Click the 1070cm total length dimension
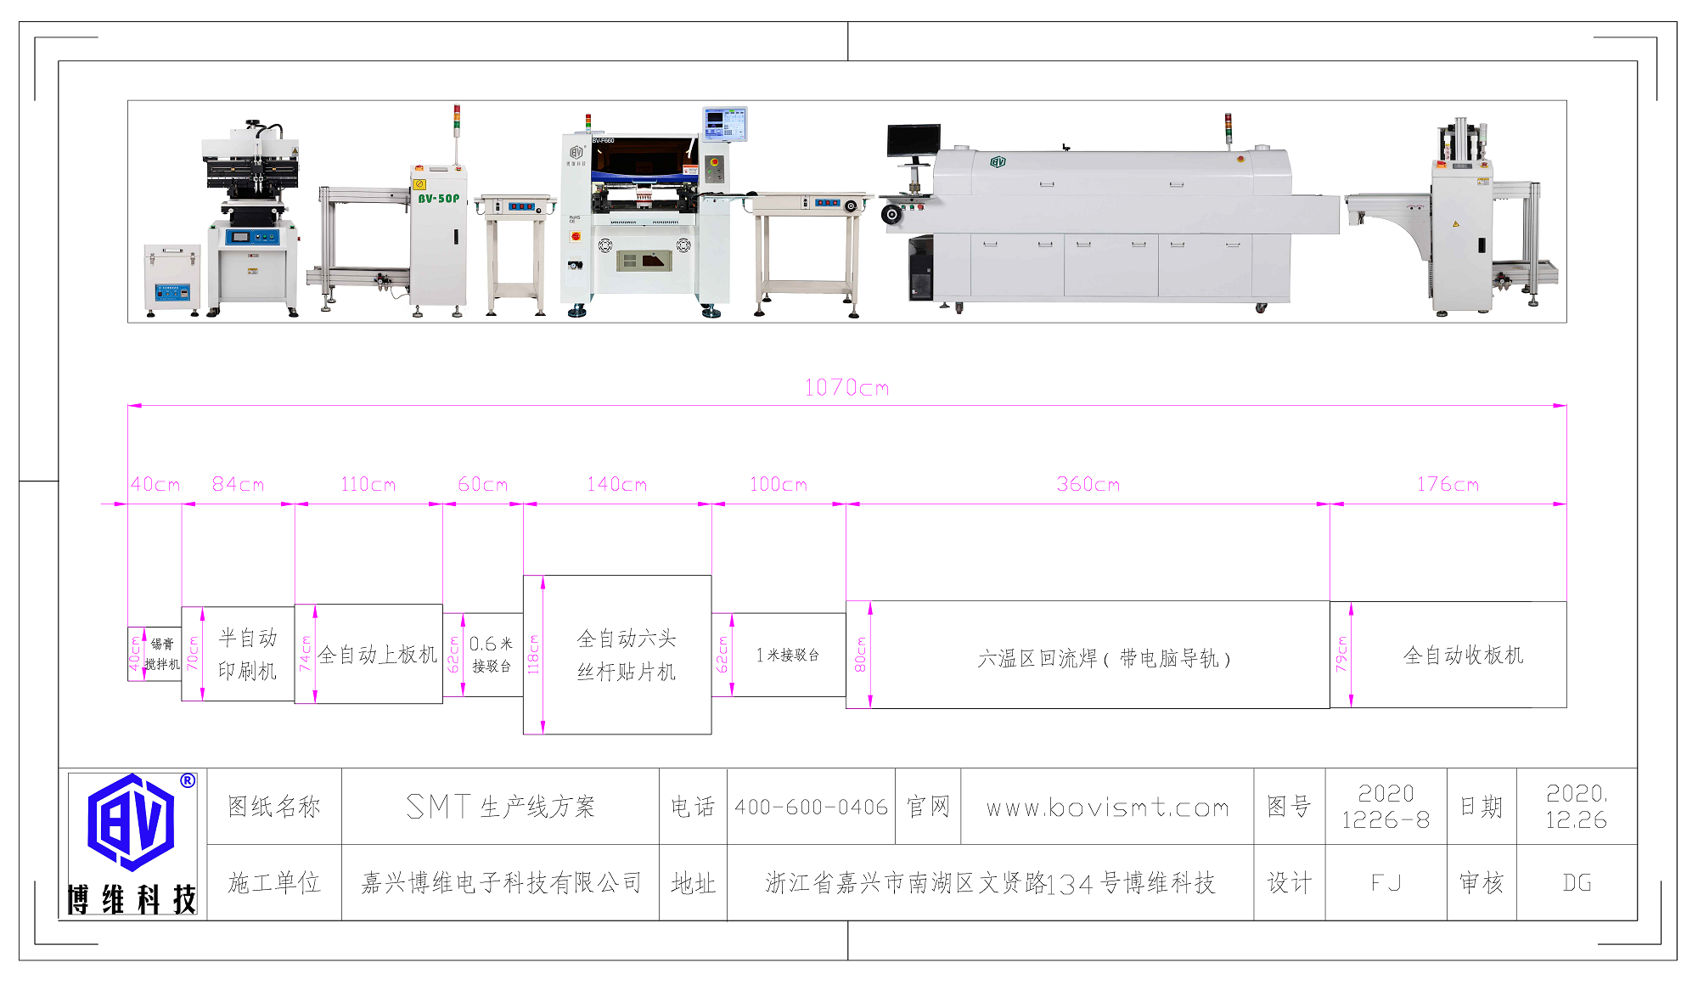pos(846,388)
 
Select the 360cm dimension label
pos(1088,485)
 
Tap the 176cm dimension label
pos(1448,485)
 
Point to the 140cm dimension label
pos(616,485)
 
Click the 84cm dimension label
pos(238,485)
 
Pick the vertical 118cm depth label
pos(533,655)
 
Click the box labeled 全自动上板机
pos(377,655)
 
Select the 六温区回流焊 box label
pos(1104,658)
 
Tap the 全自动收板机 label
pos(1463,655)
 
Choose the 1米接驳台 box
pos(787,655)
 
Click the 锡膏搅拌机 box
pos(161,654)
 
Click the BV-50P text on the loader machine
pos(438,199)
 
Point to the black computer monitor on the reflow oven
pos(914,139)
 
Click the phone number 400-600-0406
pos(811,807)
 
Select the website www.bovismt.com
pos(1107,807)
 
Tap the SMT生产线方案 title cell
pos(500,807)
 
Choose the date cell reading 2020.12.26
pos(1576,807)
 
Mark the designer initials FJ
pos(1386,883)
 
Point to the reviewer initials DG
pos(1577,883)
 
